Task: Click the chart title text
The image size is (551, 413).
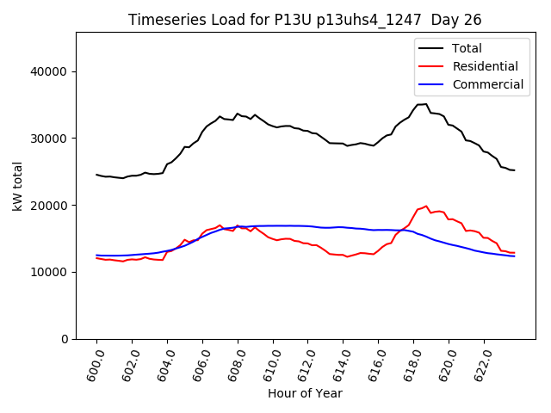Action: (305, 20)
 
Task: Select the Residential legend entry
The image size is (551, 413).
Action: (485, 66)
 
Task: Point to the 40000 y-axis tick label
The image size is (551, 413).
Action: (52, 71)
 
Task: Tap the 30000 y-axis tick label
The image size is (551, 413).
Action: (52, 139)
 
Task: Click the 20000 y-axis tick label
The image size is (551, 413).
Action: (52, 206)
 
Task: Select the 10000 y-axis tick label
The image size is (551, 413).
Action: (52, 272)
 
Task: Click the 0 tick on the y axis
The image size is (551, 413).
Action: (65, 339)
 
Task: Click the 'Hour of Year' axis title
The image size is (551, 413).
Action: (305, 394)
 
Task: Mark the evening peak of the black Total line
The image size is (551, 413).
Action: (425, 104)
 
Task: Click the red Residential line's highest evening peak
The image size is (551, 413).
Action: (425, 206)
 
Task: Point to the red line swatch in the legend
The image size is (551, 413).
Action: (430, 66)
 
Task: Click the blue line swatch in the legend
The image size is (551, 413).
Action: (430, 84)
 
